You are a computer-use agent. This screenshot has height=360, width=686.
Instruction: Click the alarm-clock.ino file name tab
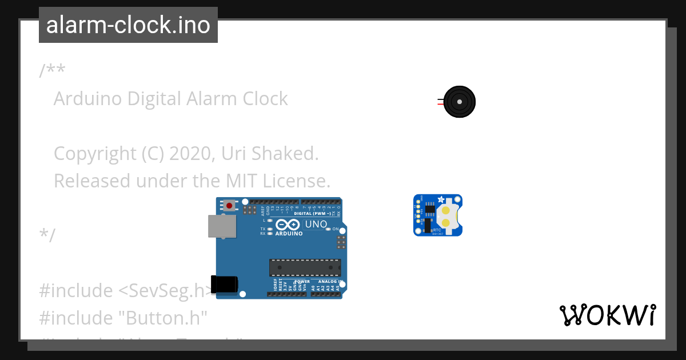coord(128,25)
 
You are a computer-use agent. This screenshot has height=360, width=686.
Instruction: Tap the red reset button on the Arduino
coord(229,205)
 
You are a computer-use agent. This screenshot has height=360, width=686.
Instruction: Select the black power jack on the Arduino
coord(224,284)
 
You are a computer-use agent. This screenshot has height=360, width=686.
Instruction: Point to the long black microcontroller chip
coord(305,267)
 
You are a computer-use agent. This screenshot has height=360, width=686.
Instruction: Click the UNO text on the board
coord(316,225)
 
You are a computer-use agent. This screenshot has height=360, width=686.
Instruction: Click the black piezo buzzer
coord(459,102)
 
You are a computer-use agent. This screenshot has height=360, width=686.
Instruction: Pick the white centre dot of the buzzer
coord(459,102)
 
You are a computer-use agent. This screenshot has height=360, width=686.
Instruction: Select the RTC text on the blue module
coord(437,230)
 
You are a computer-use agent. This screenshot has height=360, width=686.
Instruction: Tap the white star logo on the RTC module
coord(440,199)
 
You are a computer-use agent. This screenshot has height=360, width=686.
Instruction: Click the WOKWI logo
coord(607,315)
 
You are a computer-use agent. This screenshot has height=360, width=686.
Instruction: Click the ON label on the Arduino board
coord(336,229)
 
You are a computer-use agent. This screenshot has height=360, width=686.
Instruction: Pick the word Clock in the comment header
coord(265,99)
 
